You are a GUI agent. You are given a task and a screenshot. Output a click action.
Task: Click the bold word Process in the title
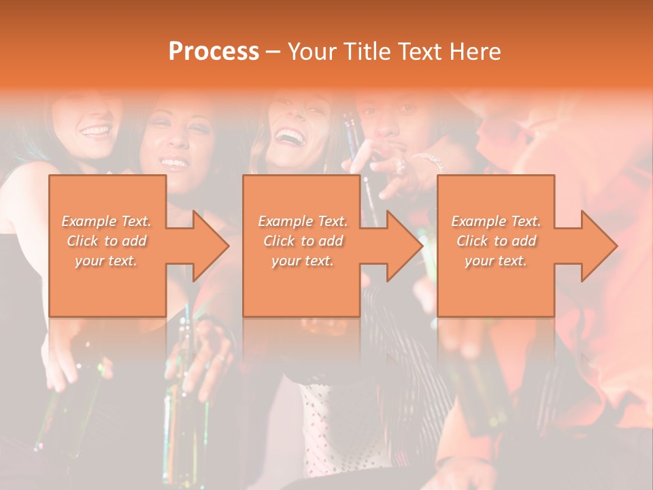[214, 51]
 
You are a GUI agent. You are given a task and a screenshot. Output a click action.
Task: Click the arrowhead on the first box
[208, 246]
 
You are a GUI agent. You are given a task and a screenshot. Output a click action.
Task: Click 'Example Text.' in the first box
[107, 221]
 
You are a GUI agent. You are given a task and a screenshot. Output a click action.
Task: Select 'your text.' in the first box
[107, 261]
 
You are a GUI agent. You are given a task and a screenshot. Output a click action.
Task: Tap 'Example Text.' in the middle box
[303, 221]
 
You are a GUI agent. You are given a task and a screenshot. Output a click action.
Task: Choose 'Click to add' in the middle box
[303, 241]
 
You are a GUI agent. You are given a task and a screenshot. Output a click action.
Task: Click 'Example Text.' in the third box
[496, 221]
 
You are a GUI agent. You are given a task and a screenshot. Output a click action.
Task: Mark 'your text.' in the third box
[496, 261]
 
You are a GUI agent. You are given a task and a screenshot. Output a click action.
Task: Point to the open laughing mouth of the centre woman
[290, 137]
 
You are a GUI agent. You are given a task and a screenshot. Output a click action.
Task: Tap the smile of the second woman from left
[174, 163]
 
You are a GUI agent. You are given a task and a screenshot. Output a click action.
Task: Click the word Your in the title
[312, 51]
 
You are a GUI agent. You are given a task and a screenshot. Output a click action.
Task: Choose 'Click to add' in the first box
[107, 241]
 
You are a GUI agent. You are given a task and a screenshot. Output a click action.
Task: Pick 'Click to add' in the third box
[496, 241]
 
